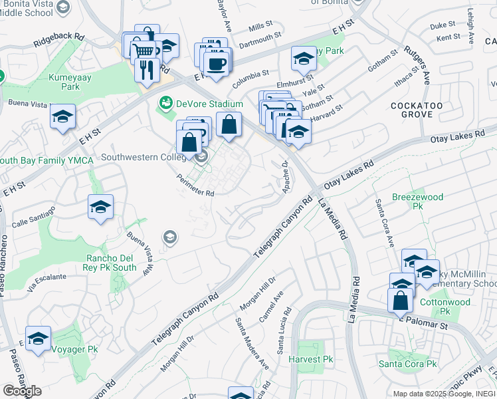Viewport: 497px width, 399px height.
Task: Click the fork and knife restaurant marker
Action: point(147,69)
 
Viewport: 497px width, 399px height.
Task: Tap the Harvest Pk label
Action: point(311,359)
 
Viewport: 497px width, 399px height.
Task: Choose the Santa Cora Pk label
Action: point(407,364)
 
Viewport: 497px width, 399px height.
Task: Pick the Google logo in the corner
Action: point(22,390)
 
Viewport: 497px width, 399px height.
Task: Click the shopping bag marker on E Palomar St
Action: point(401,301)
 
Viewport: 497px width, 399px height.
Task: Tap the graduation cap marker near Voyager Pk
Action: point(39,338)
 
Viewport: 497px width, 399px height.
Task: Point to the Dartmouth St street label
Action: point(272,40)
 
